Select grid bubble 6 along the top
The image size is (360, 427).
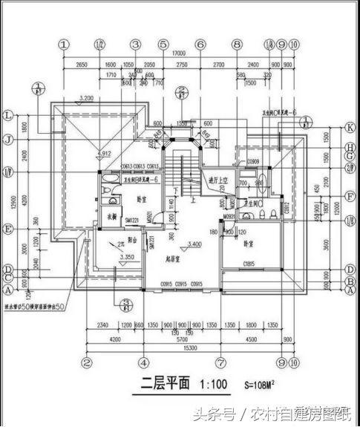[200, 45]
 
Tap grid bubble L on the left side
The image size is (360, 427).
[9, 116]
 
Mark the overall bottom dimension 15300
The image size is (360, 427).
[180, 349]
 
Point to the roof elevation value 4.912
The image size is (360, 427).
[104, 153]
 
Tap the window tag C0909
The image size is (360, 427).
[252, 161]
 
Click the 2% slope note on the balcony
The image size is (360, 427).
[117, 243]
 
